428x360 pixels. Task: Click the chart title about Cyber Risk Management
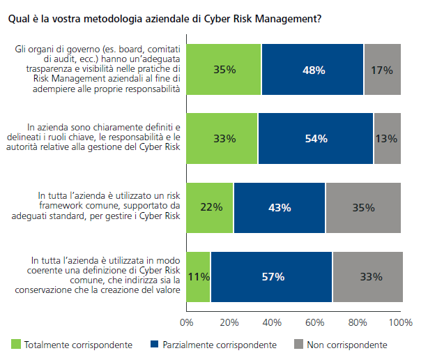tap(165, 20)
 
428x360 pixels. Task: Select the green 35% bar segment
tap(224, 69)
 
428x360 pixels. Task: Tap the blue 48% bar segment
tap(312, 69)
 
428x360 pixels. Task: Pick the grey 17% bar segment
tap(382, 69)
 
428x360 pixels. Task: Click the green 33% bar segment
tap(223, 138)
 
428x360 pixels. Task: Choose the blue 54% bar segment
tap(316, 138)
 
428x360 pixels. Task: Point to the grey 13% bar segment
tap(387, 138)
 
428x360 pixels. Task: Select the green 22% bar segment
tap(211, 207)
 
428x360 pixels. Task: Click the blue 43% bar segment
tap(280, 207)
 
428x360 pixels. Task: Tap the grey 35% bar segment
tap(363, 207)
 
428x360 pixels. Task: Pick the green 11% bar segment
tap(199, 276)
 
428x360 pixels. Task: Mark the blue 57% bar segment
tap(271, 276)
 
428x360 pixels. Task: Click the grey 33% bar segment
tap(367, 276)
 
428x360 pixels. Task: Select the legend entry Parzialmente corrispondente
tap(213, 345)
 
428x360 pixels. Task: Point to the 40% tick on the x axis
tap(272, 323)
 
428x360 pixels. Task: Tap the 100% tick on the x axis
tap(401, 323)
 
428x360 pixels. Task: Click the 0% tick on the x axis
tap(186, 323)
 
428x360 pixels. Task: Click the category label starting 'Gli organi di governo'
tap(97, 69)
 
